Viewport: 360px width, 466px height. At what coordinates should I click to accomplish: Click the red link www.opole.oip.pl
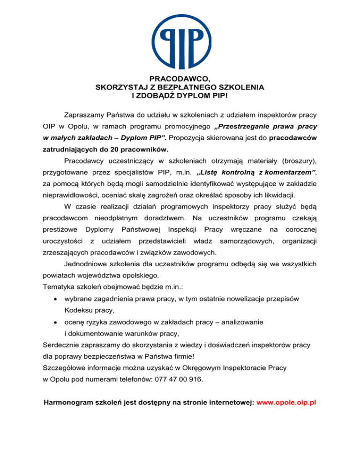point(286,402)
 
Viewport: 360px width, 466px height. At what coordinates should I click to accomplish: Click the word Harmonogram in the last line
point(69,402)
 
